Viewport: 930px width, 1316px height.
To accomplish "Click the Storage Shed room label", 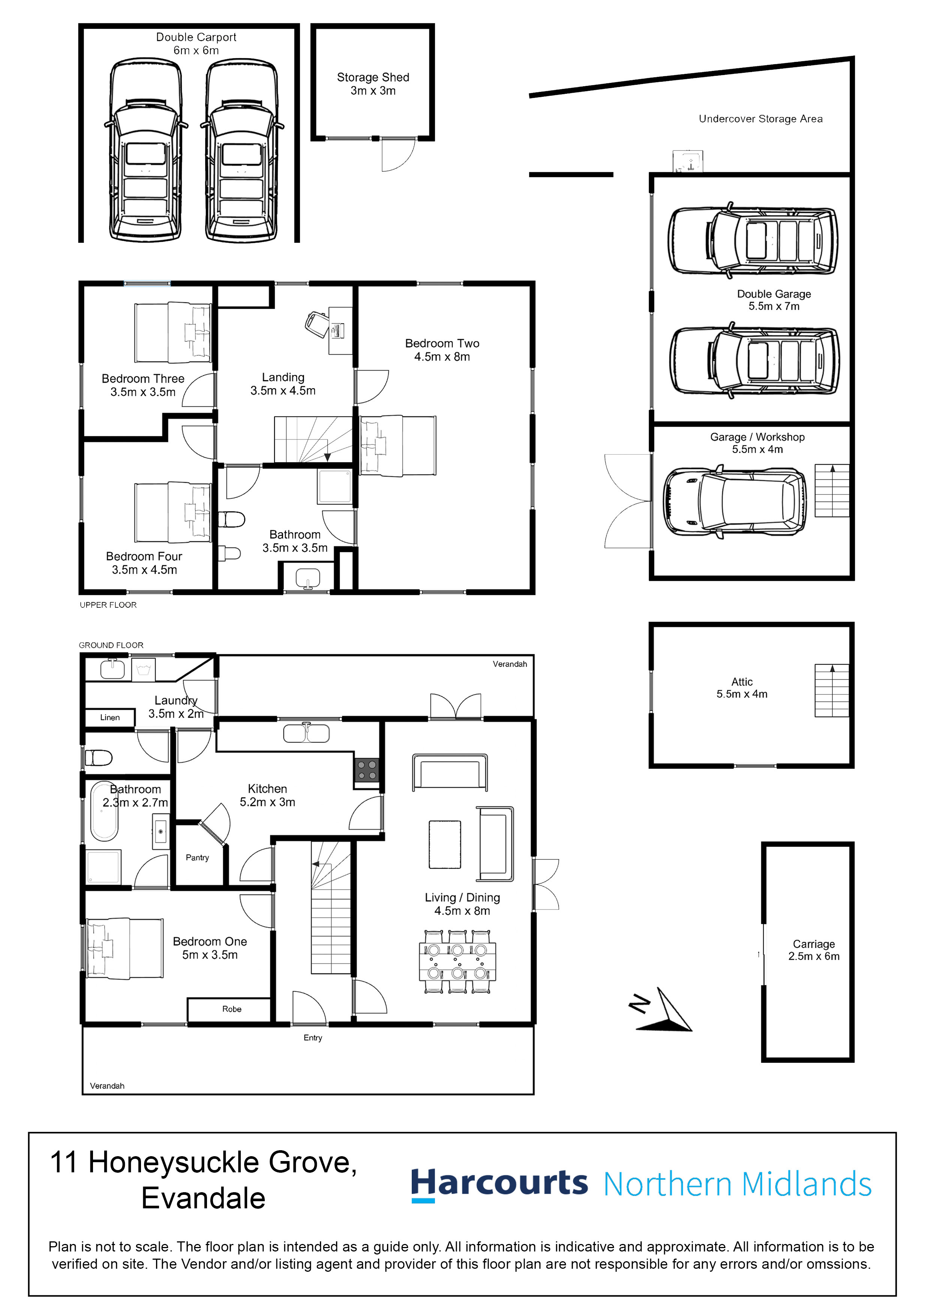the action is pyautogui.click(x=373, y=84).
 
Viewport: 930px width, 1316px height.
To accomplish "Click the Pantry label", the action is pyautogui.click(x=197, y=858).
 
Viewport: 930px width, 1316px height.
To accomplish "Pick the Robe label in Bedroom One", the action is pyautogui.click(x=232, y=1009).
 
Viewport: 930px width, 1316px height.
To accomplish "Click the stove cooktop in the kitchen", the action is pyautogui.click(x=367, y=770).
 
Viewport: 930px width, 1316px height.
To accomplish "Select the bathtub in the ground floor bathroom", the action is pyautogui.click(x=104, y=810).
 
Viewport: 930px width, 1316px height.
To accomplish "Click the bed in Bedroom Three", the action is pyautogui.click(x=172, y=333).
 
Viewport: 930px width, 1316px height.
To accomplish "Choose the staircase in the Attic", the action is pyautogui.click(x=831, y=691).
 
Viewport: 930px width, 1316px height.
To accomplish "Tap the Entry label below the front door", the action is pyautogui.click(x=313, y=1037).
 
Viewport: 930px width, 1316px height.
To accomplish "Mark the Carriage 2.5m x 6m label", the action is pyautogui.click(x=814, y=950).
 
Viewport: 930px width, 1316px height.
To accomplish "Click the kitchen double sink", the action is pyautogui.click(x=306, y=733).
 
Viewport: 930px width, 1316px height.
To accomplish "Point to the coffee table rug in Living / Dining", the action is pyautogui.click(x=445, y=845).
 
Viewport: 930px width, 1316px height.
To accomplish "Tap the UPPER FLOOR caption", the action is pyautogui.click(x=108, y=605).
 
